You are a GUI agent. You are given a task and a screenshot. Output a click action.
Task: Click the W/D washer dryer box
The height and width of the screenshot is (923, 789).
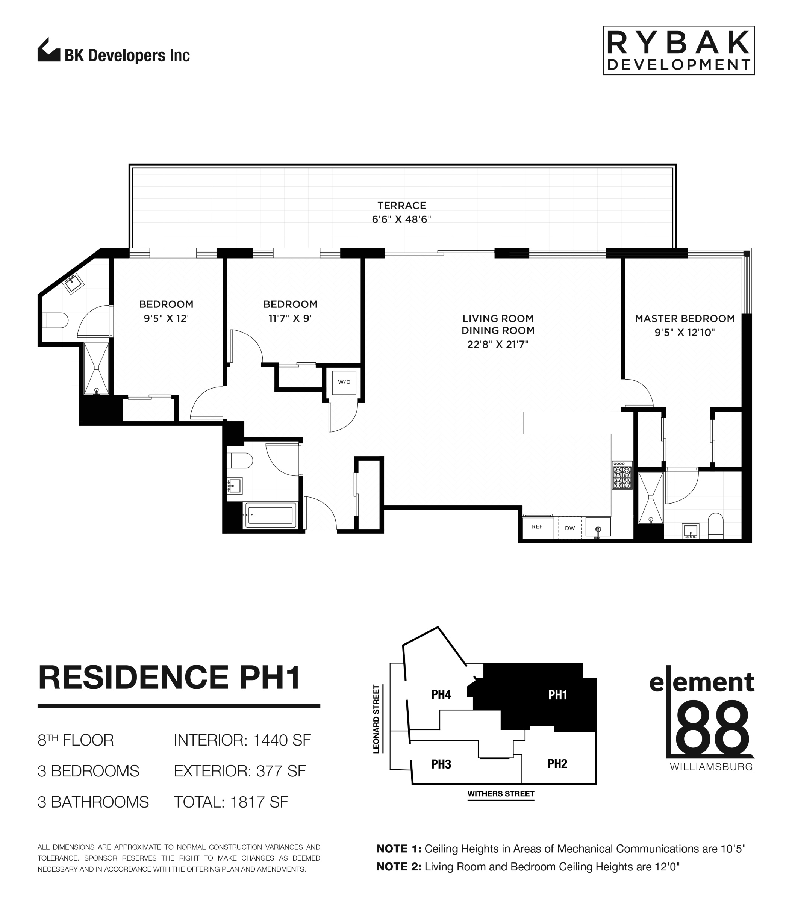[344, 382]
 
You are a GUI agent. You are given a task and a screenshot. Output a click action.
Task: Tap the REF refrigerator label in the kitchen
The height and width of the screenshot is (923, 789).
[537, 527]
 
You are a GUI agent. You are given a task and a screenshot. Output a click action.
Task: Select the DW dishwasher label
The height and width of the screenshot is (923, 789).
[570, 528]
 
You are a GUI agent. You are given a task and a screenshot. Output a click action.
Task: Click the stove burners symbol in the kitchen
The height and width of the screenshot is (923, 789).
[622, 476]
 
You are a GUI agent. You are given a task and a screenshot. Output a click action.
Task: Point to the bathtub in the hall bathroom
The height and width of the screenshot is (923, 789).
[270, 515]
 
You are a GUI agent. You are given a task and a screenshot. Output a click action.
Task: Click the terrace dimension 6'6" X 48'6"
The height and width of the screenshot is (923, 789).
[401, 219]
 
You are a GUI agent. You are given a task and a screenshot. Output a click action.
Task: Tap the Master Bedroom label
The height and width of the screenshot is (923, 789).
[684, 319]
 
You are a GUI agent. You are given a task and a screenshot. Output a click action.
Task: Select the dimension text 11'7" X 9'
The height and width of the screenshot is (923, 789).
[290, 318]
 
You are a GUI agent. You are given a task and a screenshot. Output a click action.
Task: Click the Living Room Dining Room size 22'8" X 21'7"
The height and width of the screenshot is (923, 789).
[498, 344]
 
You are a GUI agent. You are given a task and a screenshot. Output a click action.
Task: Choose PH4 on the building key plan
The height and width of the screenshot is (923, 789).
[441, 695]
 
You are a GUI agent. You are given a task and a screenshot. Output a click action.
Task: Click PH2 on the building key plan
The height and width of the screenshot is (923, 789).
[557, 764]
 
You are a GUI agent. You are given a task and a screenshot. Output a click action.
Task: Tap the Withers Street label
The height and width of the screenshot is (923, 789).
[500, 793]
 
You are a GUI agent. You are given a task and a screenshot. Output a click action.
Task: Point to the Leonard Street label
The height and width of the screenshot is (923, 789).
[376, 719]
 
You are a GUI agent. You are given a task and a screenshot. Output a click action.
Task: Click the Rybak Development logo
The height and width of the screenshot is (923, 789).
[678, 50]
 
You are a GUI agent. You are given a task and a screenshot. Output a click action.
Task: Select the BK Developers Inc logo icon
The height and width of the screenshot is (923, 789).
[48, 50]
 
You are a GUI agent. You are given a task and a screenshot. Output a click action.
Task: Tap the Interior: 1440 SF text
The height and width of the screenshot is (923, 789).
[242, 740]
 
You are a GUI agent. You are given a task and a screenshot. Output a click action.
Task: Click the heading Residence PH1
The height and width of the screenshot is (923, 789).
[169, 678]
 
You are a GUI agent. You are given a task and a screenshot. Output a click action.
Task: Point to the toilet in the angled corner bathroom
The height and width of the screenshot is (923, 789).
[55, 320]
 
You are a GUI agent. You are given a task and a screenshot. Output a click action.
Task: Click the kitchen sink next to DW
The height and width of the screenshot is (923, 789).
[598, 528]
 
